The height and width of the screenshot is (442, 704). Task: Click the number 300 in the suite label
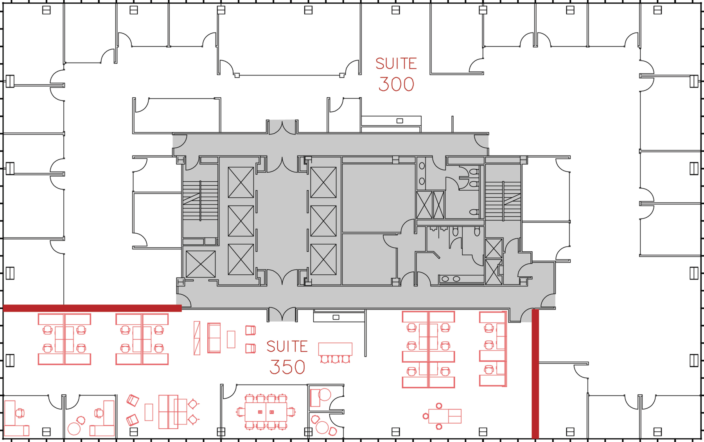pyautogui.click(x=396, y=84)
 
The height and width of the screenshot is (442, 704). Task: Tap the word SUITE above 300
pyautogui.click(x=396, y=64)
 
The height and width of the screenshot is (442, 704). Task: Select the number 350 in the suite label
pyautogui.click(x=287, y=367)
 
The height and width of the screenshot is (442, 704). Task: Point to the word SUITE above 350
pyautogui.click(x=287, y=347)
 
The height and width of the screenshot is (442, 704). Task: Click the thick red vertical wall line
pyautogui.click(x=535, y=374)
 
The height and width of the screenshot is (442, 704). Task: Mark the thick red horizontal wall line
pyautogui.click(x=92, y=308)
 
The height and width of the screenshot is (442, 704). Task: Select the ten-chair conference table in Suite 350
pyautogui.click(x=266, y=412)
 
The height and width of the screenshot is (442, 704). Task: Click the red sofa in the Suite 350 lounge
pyautogui.click(x=214, y=338)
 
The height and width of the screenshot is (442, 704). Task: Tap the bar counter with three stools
pyautogui.click(x=335, y=353)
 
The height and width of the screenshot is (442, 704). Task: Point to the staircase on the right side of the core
pyautogui.click(x=503, y=200)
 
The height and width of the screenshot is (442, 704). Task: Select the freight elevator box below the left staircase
pyautogui.click(x=201, y=264)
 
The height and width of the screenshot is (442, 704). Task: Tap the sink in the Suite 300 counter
pyautogui.click(x=400, y=121)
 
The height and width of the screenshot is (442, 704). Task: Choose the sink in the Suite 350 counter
pyautogui.click(x=336, y=317)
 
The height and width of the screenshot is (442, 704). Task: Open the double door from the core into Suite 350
pyautogui.click(x=282, y=315)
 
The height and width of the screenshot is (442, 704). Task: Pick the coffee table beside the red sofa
pyautogui.click(x=231, y=339)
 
